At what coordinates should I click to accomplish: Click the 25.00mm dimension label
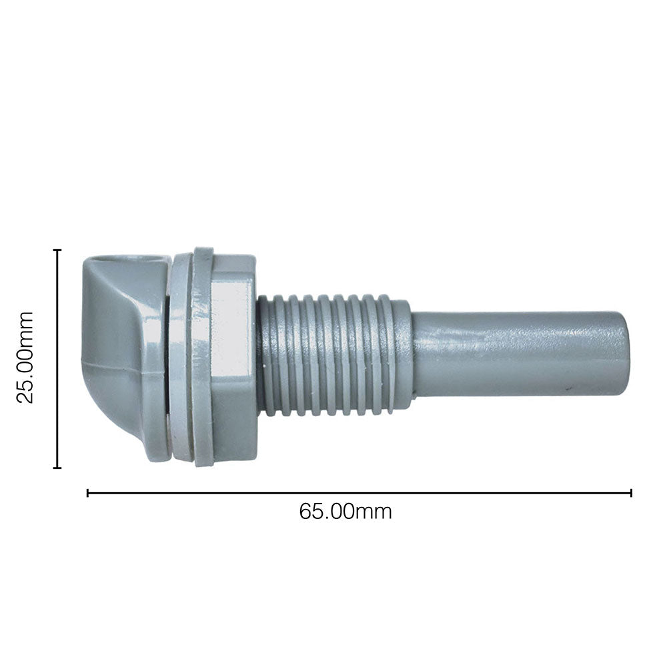coord(25,357)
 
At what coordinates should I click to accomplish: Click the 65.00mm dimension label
coord(345,512)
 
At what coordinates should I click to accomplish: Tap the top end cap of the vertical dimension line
coord(57,250)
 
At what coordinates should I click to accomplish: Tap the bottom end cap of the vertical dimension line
coord(57,468)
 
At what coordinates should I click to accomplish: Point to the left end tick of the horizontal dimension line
coord(87,493)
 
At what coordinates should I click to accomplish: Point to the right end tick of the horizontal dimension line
coord(631,493)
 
